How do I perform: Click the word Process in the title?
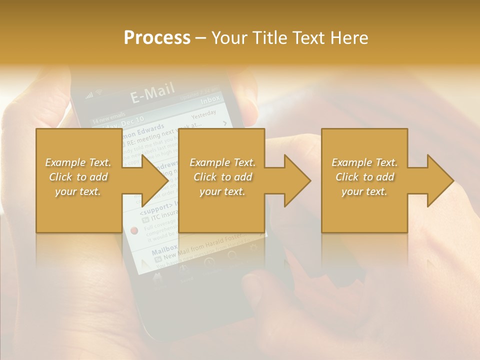click(x=157, y=38)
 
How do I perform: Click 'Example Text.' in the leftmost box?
click(x=78, y=162)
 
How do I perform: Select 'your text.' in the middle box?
click(x=222, y=191)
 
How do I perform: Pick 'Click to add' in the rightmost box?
click(x=364, y=177)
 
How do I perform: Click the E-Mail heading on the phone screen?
click(x=152, y=93)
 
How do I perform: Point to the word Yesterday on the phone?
click(x=203, y=114)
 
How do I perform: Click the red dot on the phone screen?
click(x=134, y=230)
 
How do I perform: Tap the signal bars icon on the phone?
click(x=89, y=95)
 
